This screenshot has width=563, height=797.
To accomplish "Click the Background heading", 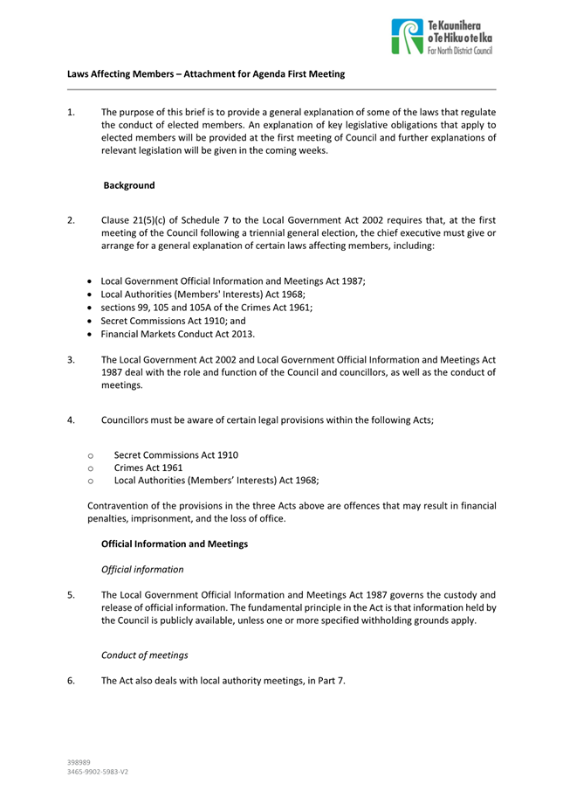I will (130, 186).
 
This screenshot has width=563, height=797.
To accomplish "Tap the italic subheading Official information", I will (142, 570).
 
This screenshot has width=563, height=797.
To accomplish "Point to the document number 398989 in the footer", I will (80, 763).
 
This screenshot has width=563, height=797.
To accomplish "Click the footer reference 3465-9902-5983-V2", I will (99, 773).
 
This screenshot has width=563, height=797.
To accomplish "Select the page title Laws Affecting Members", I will (206, 74).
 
